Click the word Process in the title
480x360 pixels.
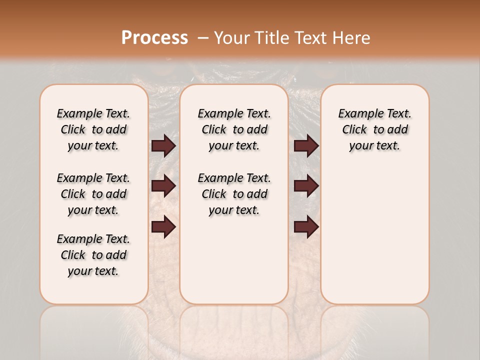(154, 37)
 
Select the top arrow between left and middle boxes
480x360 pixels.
(163, 146)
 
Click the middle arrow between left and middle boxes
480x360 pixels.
(163, 186)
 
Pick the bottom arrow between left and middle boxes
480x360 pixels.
(163, 227)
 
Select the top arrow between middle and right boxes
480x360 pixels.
(306, 146)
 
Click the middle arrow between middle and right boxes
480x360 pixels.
(306, 186)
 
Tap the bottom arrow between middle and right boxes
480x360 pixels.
(306, 227)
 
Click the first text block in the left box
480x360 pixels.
(93, 129)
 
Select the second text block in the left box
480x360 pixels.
(93, 194)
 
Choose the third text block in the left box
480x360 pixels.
(93, 255)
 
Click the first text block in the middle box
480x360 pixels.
(234, 129)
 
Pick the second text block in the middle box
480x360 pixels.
(234, 194)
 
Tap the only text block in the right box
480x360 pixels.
(375, 129)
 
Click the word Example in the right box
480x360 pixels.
(358, 114)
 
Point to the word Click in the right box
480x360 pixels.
(354, 130)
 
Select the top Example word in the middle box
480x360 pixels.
(217, 114)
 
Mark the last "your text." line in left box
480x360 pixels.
(93, 271)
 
